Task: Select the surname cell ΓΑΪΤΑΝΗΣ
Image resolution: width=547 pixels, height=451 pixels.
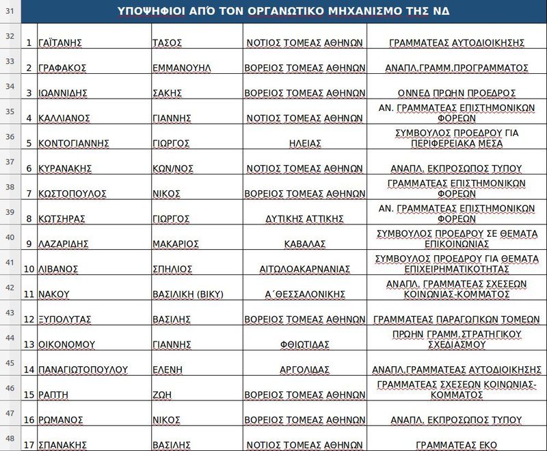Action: pos(60,42)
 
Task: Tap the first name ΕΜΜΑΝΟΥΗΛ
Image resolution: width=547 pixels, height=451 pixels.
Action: pos(181,68)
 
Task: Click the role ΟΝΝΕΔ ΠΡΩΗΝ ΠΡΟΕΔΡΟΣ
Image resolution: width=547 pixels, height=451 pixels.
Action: pos(456,93)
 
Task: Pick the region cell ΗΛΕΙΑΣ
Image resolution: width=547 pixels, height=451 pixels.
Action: pos(304,143)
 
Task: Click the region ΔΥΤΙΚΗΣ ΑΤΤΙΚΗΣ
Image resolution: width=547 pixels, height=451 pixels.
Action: pos(304,219)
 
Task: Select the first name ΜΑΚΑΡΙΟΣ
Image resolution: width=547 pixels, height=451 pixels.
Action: pos(175,244)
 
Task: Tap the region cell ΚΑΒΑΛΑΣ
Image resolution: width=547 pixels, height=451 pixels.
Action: pos(304,244)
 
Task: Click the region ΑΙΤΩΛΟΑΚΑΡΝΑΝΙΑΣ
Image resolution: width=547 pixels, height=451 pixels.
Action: pos(304,269)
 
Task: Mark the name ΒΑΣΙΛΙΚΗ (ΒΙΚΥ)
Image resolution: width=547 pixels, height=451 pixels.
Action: pos(187,294)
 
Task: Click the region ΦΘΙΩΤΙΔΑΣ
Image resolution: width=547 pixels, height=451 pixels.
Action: pos(304,344)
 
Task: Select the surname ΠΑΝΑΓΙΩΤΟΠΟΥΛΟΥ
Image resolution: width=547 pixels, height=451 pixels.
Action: pos(83,370)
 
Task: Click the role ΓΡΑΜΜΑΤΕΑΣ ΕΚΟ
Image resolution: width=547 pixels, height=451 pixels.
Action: pos(456,445)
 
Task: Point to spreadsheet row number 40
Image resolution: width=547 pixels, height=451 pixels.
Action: pos(10,237)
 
